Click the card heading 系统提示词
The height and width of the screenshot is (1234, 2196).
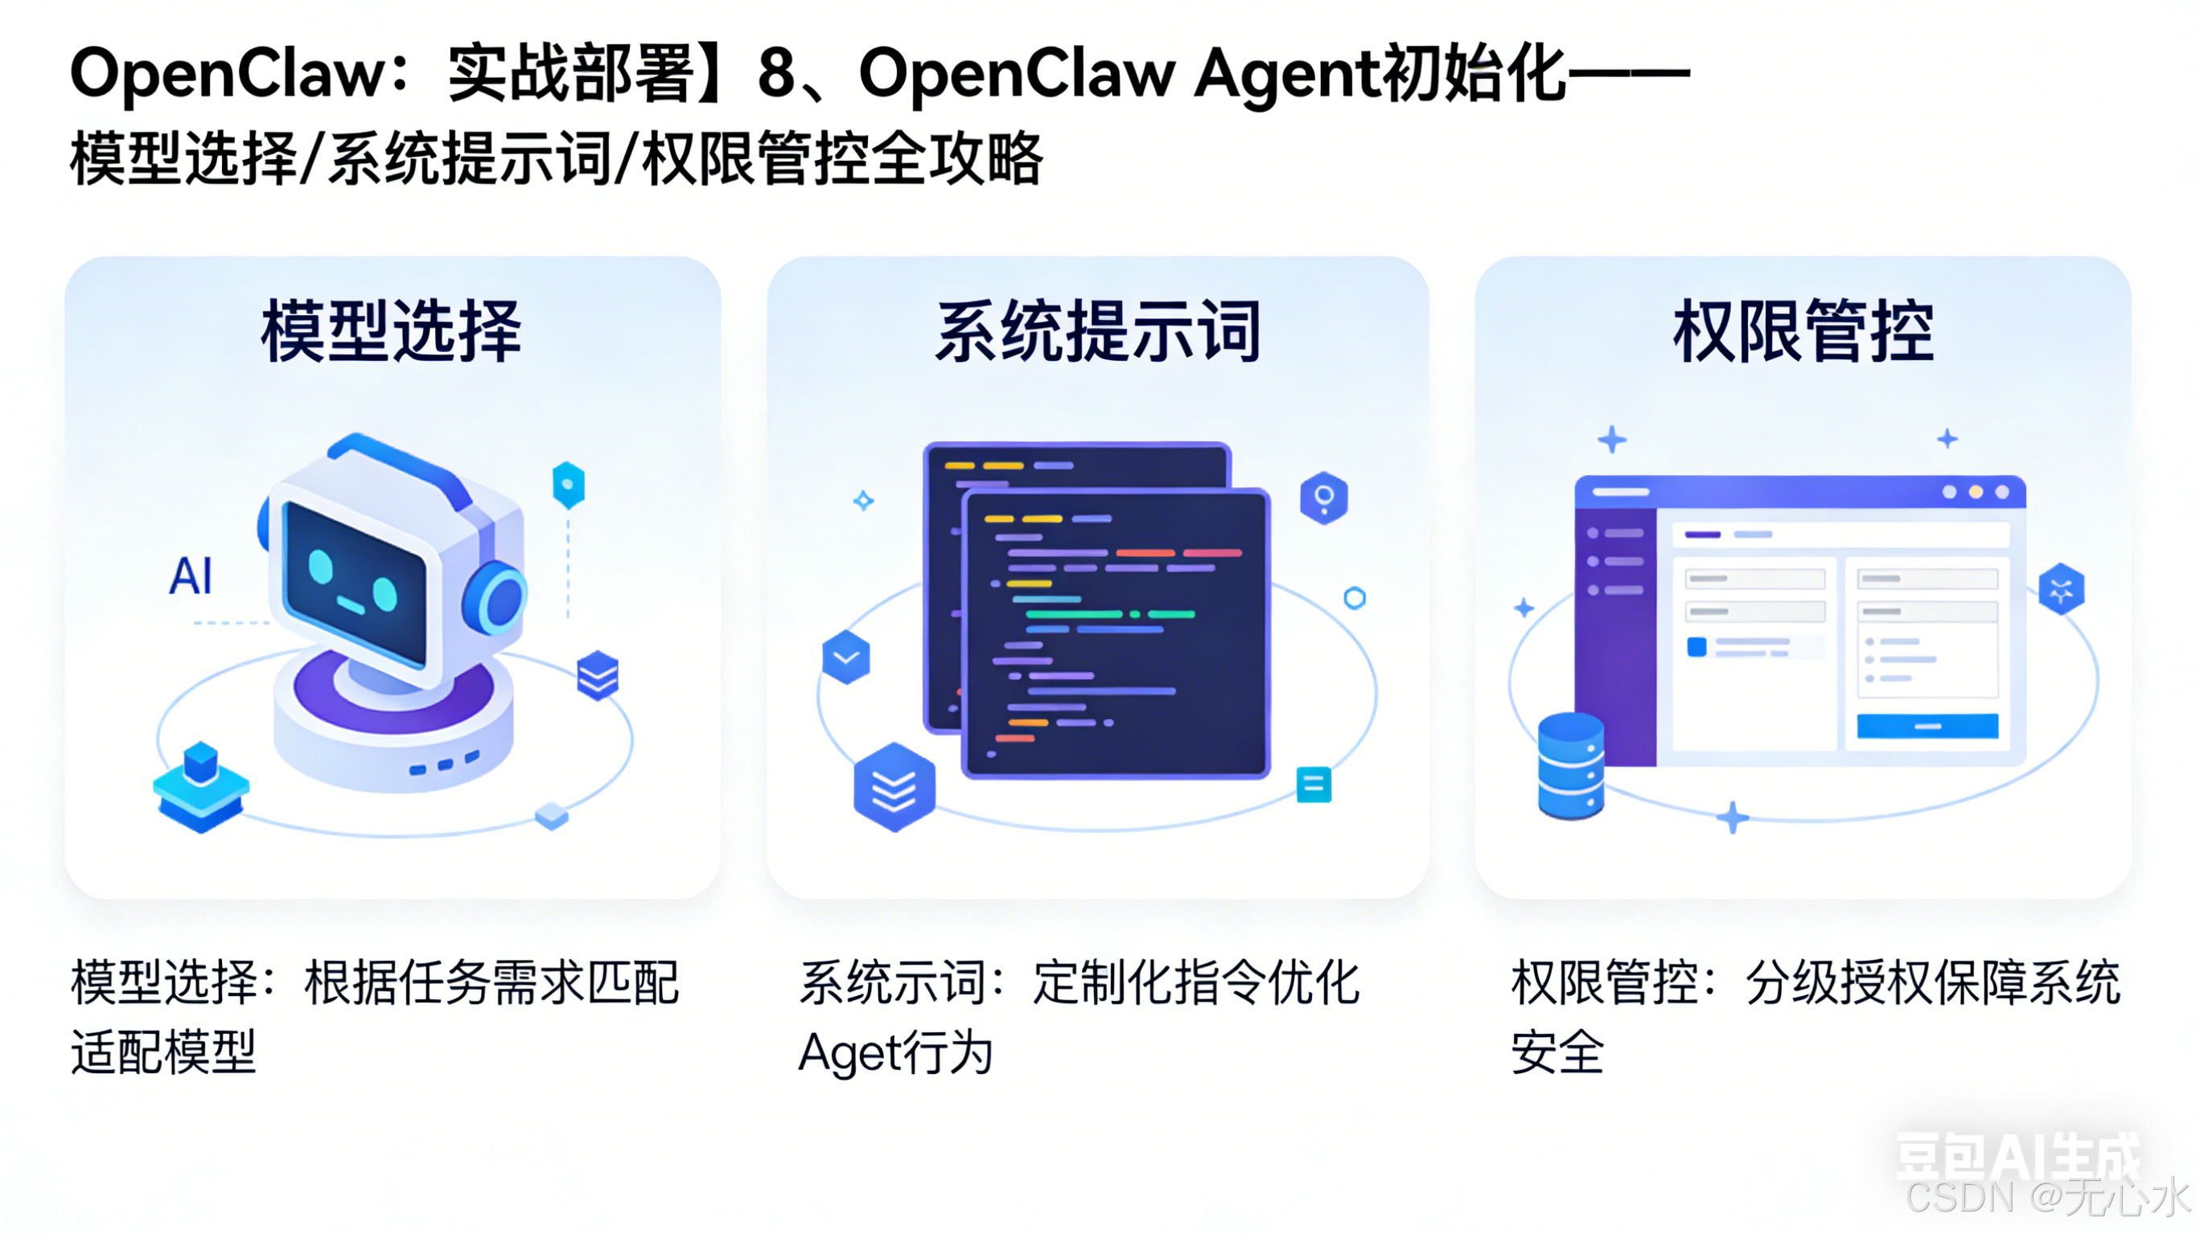click(x=1098, y=331)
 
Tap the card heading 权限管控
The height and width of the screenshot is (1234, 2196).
click(x=1803, y=331)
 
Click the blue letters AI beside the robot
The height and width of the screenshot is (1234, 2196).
click(x=191, y=576)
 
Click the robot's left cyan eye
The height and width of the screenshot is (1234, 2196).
click(x=320, y=567)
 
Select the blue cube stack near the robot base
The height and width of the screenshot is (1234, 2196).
click(x=200, y=785)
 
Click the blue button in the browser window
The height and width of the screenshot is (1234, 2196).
click(x=1927, y=726)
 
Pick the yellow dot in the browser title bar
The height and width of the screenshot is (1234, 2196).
click(x=1976, y=492)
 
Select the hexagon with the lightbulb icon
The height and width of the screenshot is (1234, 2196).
click(x=1323, y=497)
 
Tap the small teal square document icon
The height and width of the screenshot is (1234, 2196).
click(x=1313, y=784)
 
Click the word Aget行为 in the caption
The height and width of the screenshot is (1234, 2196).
click(x=895, y=1052)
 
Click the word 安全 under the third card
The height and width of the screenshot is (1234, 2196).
click(x=1557, y=1052)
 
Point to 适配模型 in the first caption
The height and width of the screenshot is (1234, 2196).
click(x=163, y=1052)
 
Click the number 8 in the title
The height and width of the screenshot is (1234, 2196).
click(x=775, y=73)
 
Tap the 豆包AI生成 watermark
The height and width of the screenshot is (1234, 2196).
click(x=2017, y=1157)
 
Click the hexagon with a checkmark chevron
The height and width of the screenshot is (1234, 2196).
click(x=845, y=657)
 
